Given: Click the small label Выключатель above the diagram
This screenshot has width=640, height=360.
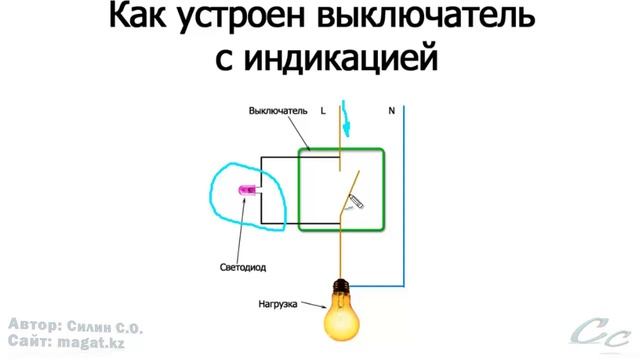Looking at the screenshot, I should tap(278, 110).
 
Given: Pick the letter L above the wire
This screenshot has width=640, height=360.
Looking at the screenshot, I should tap(323, 110).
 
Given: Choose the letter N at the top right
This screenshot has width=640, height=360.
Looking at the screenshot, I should tap(391, 110).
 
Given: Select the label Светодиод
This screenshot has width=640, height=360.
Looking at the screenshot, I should tap(242, 268).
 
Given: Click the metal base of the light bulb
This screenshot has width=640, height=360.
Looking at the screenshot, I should tap(339, 290).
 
